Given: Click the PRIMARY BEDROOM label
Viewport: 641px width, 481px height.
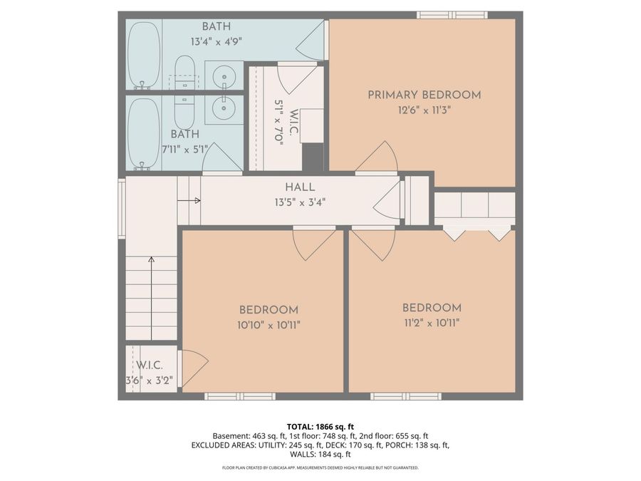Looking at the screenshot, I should pyautogui.click(x=424, y=95).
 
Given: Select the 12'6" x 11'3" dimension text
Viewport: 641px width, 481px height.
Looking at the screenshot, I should pyautogui.click(x=424, y=110).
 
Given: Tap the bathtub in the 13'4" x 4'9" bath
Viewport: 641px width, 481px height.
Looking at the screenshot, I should pyautogui.click(x=144, y=54).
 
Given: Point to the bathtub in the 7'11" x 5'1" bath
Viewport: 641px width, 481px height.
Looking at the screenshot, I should pyautogui.click(x=144, y=133).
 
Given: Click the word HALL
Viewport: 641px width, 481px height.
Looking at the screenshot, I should pyautogui.click(x=300, y=187).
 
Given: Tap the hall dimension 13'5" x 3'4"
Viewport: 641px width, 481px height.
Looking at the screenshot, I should pyautogui.click(x=300, y=202).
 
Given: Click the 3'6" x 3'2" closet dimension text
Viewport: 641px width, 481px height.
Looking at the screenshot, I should pyautogui.click(x=149, y=380).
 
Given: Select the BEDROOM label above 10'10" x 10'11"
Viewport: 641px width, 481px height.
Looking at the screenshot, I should pyautogui.click(x=268, y=310).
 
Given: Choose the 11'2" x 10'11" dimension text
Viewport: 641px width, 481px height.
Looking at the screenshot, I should pyautogui.click(x=431, y=323).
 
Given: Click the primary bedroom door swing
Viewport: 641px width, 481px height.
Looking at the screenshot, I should pyautogui.click(x=377, y=158).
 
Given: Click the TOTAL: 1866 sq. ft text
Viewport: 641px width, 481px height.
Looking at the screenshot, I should pyautogui.click(x=320, y=425).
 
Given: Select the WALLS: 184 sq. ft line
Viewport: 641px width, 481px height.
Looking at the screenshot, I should pyautogui.click(x=320, y=454).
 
